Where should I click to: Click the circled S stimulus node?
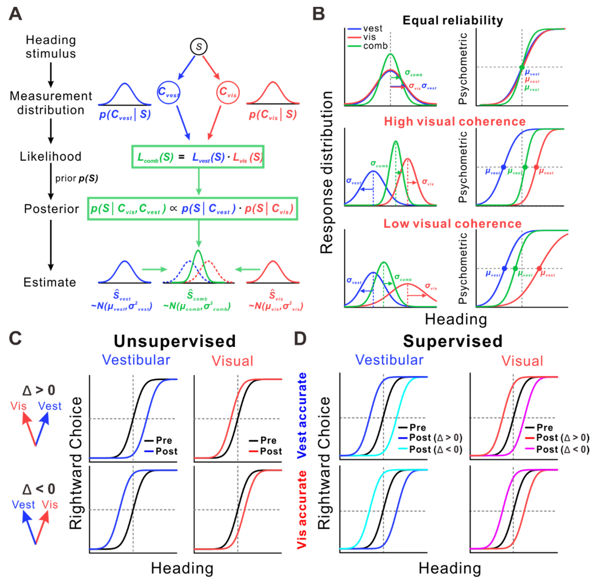tap(199, 47)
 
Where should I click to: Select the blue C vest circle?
tap(168, 92)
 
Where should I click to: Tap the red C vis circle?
tap(228, 92)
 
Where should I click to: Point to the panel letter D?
tap(300, 339)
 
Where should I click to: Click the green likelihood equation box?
tap(198, 157)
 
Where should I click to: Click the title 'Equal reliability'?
tap(453, 20)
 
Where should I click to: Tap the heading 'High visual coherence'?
tap(455, 121)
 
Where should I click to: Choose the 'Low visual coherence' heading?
tap(452, 224)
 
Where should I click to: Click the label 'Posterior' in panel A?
tap(51, 209)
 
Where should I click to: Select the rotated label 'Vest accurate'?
tap(302, 415)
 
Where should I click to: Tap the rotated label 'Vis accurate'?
tap(302, 509)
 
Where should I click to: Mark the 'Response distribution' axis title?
tap(326, 172)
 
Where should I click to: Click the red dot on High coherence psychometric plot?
tap(536, 167)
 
